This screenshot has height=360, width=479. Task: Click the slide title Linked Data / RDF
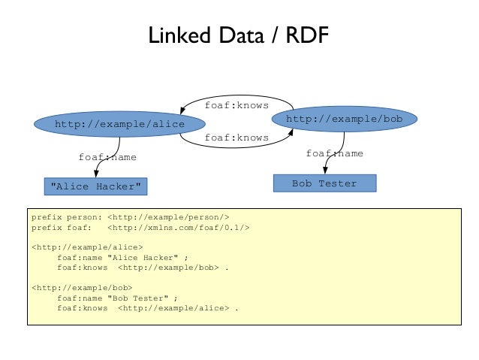point(239,35)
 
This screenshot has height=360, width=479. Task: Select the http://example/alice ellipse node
point(108,124)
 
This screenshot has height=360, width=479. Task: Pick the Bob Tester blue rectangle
point(324,183)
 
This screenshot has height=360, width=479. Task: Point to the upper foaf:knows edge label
point(236,105)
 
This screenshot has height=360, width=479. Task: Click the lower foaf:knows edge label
point(236,138)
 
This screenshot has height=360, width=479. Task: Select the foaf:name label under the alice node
point(107,157)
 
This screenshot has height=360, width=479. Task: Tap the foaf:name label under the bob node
point(334,153)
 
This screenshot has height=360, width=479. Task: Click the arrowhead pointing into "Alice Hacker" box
point(97,175)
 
